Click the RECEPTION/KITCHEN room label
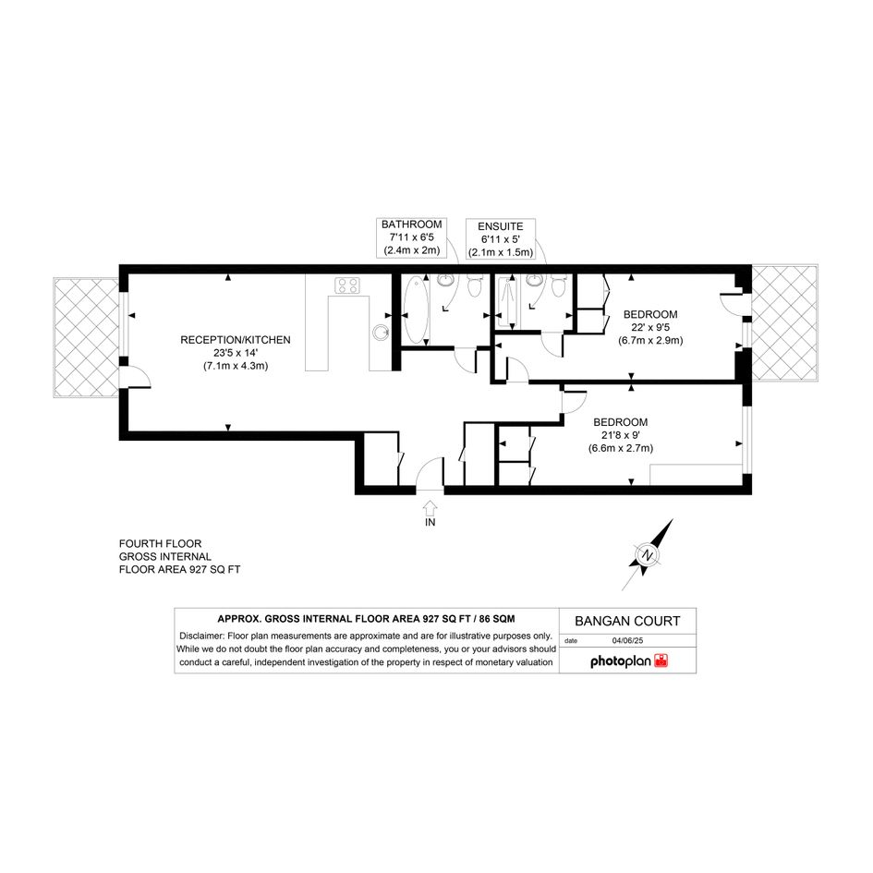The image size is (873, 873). [x=235, y=340]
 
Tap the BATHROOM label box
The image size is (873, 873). [x=411, y=237]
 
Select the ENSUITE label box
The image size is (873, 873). [x=501, y=239]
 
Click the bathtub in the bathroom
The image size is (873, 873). [x=416, y=310]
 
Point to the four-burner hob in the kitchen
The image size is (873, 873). [x=347, y=285]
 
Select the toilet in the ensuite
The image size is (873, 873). [x=558, y=285]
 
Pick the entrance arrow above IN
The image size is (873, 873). [x=430, y=507]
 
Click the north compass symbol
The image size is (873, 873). [x=648, y=554]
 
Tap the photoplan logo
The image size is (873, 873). [x=628, y=661]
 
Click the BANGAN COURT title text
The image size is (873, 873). [x=627, y=621]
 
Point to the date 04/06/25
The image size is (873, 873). [x=627, y=640]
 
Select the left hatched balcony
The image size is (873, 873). [x=86, y=337]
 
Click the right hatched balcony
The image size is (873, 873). [x=784, y=323]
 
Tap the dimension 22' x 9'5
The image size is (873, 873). [x=650, y=327]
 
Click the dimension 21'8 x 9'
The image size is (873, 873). [x=620, y=435]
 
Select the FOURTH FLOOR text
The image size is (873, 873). [x=161, y=543]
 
